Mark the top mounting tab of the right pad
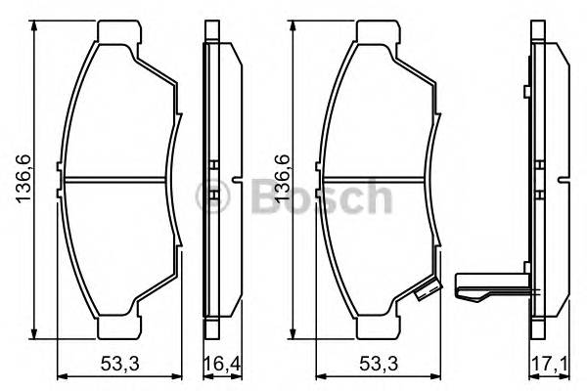click(x=377, y=32)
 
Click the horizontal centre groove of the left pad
click(x=117, y=181)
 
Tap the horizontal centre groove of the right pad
click(x=377, y=181)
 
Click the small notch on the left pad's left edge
click(x=62, y=181)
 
